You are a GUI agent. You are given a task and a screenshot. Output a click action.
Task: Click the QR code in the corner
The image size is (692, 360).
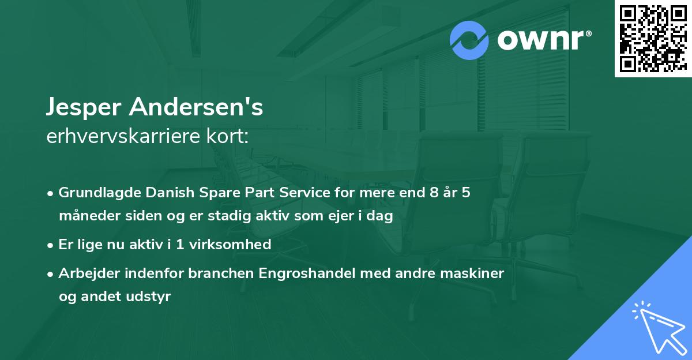(x=653, y=38)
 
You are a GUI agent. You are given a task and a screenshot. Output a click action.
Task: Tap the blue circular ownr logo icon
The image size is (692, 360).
(x=469, y=40)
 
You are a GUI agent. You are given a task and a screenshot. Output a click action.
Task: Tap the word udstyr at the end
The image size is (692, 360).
(x=152, y=297)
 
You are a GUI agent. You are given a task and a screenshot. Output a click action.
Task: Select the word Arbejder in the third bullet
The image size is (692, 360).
(x=85, y=273)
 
